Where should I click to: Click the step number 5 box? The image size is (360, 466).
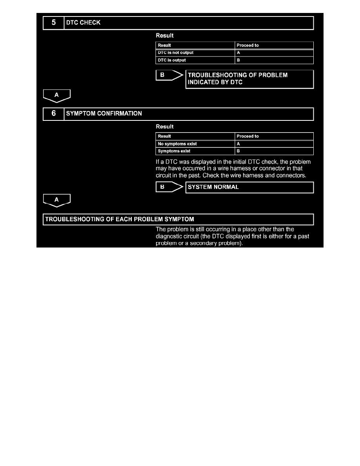pyautogui.click(x=53, y=23)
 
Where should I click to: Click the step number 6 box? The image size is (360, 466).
pyautogui.click(x=53, y=114)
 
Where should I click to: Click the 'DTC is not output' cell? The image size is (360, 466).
pyautogui.click(x=195, y=53)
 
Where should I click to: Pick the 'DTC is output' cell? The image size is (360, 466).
pyautogui.click(x=195, y=60)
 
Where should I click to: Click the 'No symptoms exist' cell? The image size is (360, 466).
pyautogui.click(x=195, y=144)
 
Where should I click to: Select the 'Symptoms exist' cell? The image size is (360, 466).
pyautogui.click(x=195, y=151)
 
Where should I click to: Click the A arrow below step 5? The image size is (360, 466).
pyautogui.click(x=56, y=95)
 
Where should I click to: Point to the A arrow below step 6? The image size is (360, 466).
pyautogui.click(x=56, y=200)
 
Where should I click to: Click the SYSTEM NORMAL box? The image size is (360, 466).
pyautogui.click(x=249, y=187)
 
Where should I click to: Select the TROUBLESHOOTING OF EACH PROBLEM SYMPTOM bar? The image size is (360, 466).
pyautogui.click(x=178, y=219)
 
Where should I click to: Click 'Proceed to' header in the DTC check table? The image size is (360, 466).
pyautogui.click(x=274, y=45)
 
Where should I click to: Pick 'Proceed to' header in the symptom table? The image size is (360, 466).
pyautogui.click(x=274, y=136)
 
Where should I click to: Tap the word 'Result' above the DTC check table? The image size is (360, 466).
pyautogui.click(x=165, y=36)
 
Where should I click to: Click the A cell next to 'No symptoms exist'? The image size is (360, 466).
pyautogui.click(x=274, y=144)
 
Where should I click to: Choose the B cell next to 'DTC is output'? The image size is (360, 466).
pyautogui.click(x=274, y=60)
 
